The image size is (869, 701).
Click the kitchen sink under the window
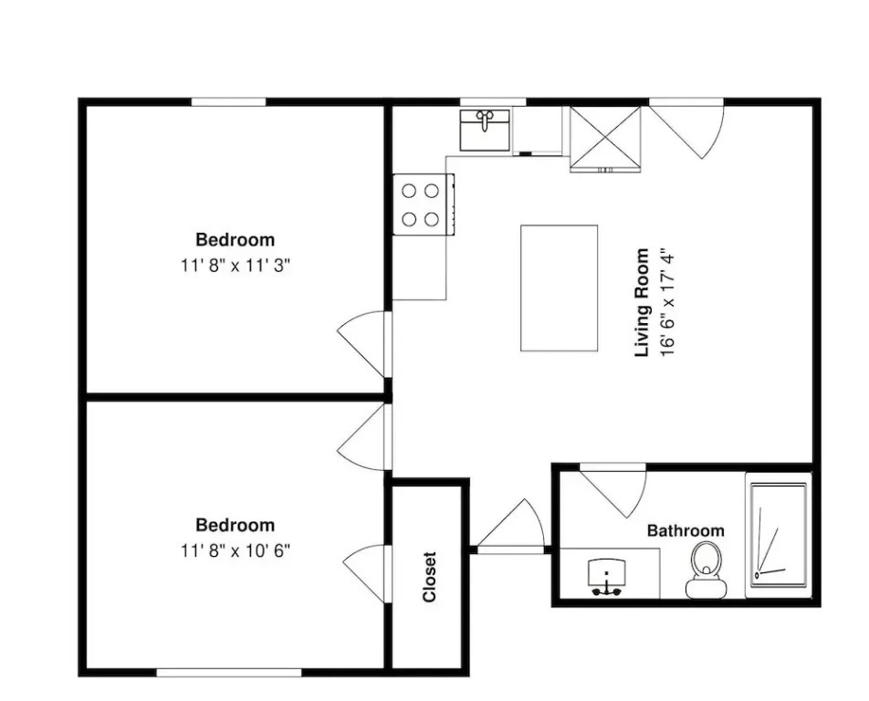click(485, 130)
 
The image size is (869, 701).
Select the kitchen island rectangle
click(560, 288)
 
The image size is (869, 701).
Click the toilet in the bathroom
click(706, 570)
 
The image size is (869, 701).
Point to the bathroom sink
click(607, 577)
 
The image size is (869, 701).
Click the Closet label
click(430, 576)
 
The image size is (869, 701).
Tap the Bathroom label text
click(686, 530)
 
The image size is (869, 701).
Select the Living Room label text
click(642, 302)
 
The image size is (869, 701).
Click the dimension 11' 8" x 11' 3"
click(236, 266)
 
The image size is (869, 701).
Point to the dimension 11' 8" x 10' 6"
click(236, 550)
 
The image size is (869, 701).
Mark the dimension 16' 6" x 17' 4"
click(668, 302)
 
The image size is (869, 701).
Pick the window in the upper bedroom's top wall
click(228, 102)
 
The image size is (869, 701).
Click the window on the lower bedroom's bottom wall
click(229, 672)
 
